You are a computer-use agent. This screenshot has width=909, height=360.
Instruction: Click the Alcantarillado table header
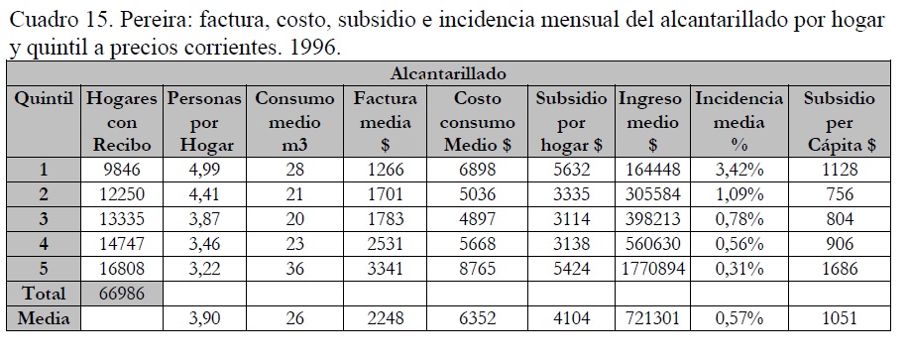point(447,73)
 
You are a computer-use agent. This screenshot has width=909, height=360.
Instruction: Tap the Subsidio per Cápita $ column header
point(839,122)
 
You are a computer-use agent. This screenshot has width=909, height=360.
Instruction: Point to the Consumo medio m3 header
point(294,122)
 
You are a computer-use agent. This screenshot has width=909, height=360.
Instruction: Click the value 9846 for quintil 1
point(122,170)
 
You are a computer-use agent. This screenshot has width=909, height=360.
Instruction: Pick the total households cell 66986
point(122,294)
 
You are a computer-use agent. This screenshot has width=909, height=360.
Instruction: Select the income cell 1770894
point(653,269)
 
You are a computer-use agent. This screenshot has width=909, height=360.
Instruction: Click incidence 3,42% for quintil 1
point(739,170)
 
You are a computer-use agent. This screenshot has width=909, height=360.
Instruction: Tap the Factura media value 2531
point(385,244)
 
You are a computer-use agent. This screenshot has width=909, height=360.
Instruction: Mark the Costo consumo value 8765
point(477,269)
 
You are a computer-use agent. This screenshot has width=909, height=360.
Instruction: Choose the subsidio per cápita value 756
point(840,194)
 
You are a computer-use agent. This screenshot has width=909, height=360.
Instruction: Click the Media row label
point(44,318)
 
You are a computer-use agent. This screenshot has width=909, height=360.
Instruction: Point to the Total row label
point(44,294)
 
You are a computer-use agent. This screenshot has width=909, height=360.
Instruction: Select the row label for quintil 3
point(44,219)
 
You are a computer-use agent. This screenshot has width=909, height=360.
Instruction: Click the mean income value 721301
point(653,318)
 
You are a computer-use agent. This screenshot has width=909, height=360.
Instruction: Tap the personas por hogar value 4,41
point(204,194)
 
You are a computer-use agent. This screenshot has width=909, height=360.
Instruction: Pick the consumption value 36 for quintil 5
point(294,269)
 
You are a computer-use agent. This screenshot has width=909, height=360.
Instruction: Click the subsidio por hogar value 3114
point(571,219)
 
